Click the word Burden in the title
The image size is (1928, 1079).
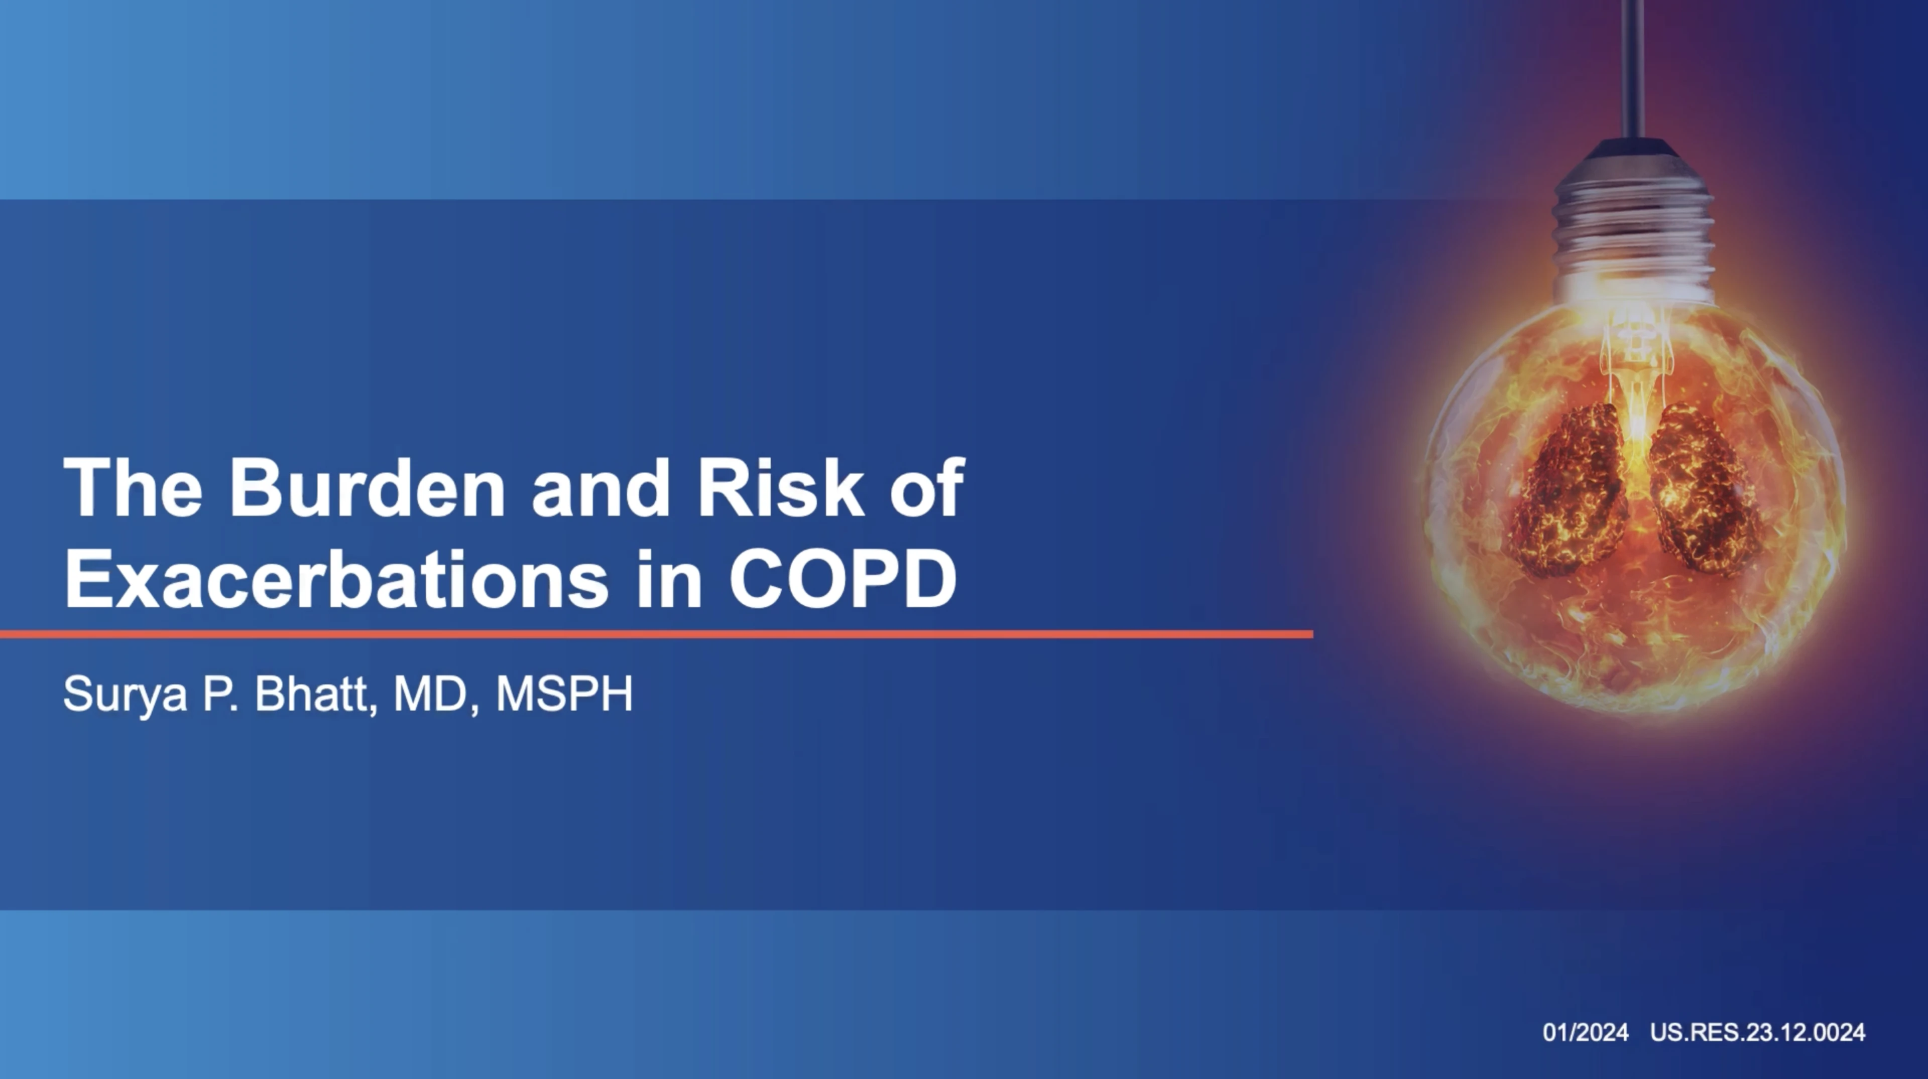tap(367, 488)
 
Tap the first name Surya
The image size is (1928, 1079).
tap(124, 695)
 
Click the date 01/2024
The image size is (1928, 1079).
tap(1585, 1033)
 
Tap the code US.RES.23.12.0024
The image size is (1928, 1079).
tap(1757, 1033)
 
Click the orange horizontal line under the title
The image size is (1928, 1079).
tap(656, 634)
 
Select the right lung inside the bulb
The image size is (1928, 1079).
tap(1702, 490)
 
